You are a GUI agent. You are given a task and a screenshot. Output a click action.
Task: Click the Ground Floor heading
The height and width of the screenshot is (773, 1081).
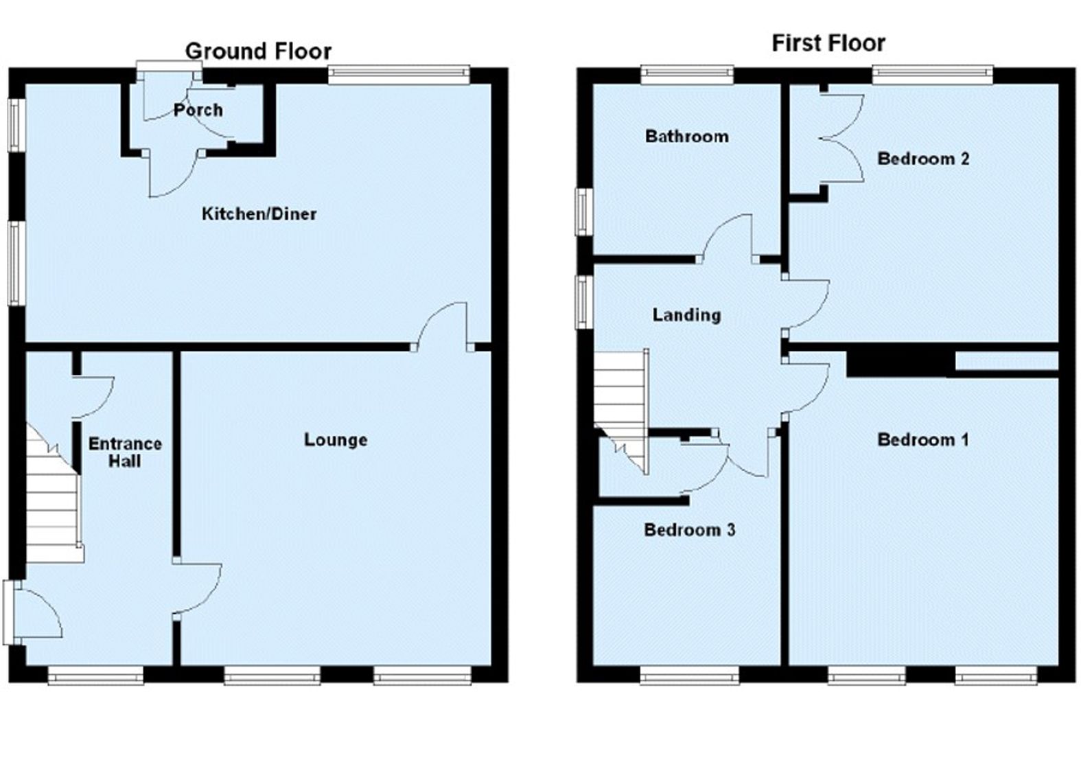(258, 51)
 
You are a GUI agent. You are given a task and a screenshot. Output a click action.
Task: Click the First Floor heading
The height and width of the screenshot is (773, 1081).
(828, 43)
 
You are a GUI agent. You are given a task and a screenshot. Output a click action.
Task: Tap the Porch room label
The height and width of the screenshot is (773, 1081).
(198, 110)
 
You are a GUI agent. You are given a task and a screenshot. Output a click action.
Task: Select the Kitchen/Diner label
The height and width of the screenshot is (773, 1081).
(259, 214)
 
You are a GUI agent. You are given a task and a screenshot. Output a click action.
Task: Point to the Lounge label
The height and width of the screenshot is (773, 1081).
(336, 439)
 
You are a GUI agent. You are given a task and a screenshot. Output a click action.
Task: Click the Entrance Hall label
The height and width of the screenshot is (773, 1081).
(125, 452)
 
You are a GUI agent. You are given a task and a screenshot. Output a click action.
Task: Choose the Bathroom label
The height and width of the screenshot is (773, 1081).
(686, 136)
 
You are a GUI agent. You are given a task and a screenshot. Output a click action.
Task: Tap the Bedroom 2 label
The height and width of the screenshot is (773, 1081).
(923, 159)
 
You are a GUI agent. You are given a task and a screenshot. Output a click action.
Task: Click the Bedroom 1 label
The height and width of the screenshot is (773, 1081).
(922, 439)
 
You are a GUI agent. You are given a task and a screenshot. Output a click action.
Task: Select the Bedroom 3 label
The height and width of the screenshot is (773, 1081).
(689, 529)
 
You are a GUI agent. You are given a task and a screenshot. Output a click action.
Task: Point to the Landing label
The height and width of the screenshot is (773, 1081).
(686, 315)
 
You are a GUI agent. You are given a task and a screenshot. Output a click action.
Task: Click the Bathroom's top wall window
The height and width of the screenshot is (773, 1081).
(687, 73)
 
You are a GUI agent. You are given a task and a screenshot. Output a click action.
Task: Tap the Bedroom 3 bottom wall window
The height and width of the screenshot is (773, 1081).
(689, 676)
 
